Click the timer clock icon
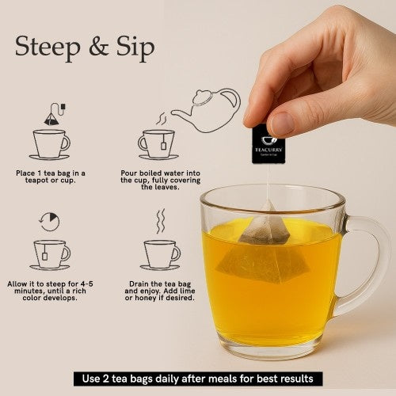(x=49, y=222)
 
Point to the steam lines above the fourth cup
(x=160, y=221)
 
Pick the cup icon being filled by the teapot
(x=158, y=144)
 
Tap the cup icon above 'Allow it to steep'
(x=51, y=253)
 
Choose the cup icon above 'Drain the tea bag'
(x=161, y=253)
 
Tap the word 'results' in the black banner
(x=300, y=379)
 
